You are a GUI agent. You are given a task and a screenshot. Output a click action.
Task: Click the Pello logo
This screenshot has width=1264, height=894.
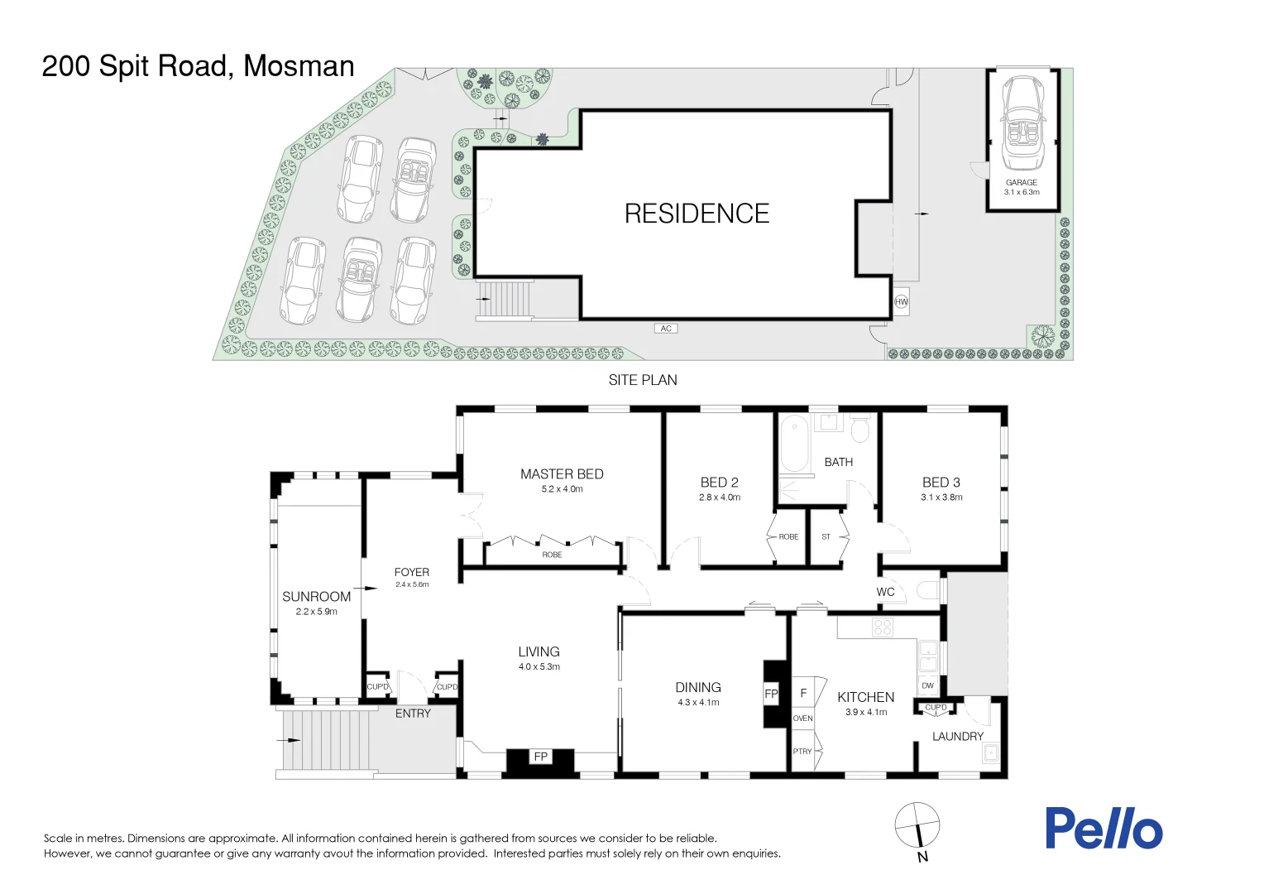(1104, 828)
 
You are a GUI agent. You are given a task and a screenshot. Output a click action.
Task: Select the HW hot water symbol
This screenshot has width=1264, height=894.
(901, 302)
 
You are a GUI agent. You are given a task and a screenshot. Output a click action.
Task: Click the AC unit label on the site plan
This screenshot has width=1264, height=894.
(666, 328)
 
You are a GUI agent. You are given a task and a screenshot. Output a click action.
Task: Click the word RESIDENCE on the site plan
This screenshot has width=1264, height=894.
(697, 214)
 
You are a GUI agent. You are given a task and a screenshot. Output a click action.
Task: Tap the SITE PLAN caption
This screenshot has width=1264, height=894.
(643, 380)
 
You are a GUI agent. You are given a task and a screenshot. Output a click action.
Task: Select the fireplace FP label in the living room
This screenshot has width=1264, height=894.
(540, 757)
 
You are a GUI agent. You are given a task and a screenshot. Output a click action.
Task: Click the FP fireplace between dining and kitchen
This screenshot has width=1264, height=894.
(771, 694)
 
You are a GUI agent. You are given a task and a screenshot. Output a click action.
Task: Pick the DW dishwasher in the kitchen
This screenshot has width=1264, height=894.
(927, 685)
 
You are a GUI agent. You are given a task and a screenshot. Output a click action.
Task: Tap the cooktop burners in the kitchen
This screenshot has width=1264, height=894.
(883, 627)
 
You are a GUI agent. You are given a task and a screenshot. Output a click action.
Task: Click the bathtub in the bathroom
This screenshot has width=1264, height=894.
(793, 444)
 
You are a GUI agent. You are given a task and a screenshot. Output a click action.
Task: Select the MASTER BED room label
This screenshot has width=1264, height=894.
(562, 473)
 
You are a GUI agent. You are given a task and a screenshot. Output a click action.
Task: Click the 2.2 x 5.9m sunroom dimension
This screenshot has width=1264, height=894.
(316, 611)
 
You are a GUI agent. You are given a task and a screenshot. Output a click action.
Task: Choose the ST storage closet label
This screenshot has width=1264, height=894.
(826, 536)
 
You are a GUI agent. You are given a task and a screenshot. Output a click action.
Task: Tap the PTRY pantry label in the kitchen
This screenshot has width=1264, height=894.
(802, 751)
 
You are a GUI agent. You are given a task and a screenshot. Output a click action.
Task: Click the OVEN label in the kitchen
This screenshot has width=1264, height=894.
(803, 719)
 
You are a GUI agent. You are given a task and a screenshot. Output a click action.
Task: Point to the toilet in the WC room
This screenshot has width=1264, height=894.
(927, 591)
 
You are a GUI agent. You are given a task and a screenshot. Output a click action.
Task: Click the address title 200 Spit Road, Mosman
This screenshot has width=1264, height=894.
(198, 66)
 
